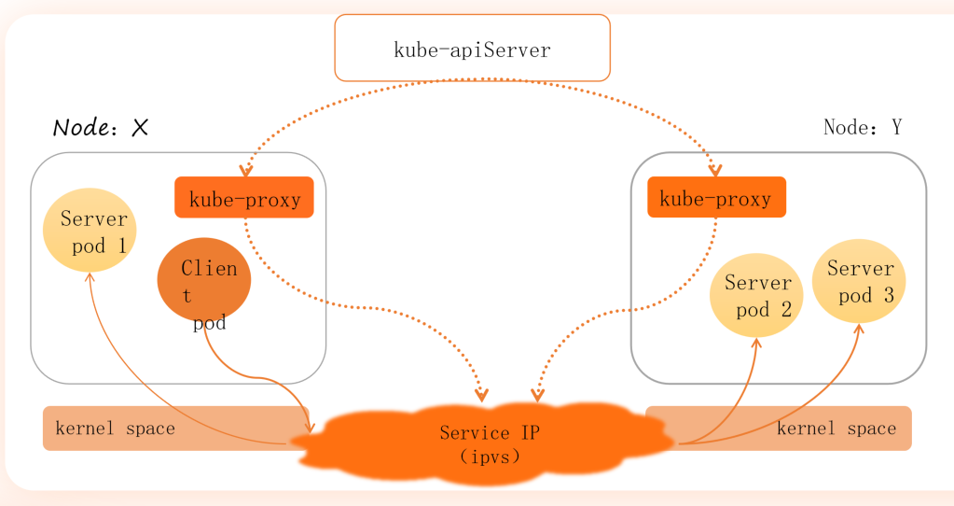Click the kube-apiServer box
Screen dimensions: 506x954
point(472,48)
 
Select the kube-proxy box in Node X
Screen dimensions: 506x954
point(244,198)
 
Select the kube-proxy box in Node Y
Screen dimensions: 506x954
point(716,198)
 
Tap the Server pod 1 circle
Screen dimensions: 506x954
point(90,231)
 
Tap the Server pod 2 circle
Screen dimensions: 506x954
point(756,294)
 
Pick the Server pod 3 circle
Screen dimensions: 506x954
point(859,280)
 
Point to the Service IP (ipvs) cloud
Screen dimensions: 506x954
point(485,443)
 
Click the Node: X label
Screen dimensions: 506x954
point(101,128)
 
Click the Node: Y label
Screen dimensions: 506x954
point(863,127)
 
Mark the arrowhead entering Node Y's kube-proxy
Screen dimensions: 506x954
point(715,171)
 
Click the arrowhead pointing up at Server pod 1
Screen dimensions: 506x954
point(90,277)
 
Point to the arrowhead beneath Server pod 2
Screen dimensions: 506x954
point(756,344)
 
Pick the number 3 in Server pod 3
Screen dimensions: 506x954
point(888,295)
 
